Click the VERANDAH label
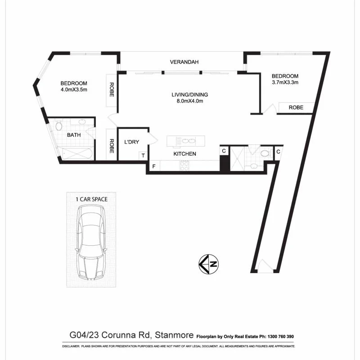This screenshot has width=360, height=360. tap(184, 62)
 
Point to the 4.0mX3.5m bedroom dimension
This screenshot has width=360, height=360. tap(74, 90)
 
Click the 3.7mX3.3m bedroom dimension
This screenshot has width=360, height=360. tap(285, 82)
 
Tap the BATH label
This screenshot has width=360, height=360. tap(74, 135)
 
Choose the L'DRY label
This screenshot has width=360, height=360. tap(131, 142)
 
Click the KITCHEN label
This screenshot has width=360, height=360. tap(185, 154)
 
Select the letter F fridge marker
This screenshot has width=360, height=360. tap(154, 166)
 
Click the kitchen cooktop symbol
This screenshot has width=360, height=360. tap(184, 165)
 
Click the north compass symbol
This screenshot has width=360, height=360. tap(209, 264)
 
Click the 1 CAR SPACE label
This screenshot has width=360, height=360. tap(91, 198)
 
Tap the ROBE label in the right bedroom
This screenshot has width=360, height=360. tap(296, 108)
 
